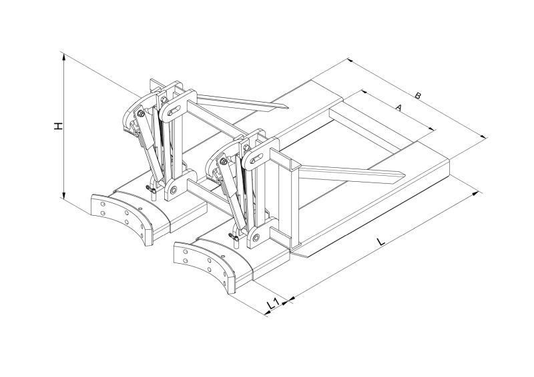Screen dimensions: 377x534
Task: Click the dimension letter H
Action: pos(59,125)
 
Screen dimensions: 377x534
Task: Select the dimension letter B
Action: pos(418,96)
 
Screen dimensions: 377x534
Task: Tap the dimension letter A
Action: pos(398,107)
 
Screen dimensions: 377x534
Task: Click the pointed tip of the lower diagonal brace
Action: pos(401,176)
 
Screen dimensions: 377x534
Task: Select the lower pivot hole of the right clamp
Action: pos(256,236)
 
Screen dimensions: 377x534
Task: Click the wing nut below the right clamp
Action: pos(235,236)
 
